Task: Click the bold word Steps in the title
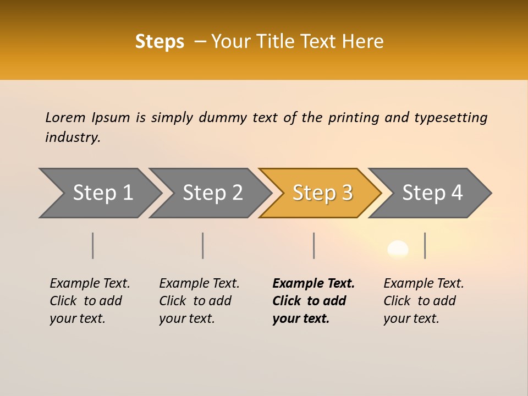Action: [x=159, y=42]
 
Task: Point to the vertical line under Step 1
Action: [x=92, y=245]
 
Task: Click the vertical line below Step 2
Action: [x=203, y=245]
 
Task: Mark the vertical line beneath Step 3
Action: [x=313, y=245]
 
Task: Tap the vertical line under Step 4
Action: [x=425, y=245]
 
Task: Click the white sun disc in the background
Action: [x=398, y=250]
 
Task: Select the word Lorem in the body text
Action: [x=65, y=117]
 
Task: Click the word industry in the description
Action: [x=73, y=137]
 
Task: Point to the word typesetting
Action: [x=450, y=118]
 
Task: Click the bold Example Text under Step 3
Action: [x=313, y=284]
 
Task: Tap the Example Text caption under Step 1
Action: [x=90, y=284]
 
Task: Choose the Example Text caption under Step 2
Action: [x=199, y=284]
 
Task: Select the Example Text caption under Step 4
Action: [x=424, y=284]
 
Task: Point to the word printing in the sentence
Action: [x=354, y=118]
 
